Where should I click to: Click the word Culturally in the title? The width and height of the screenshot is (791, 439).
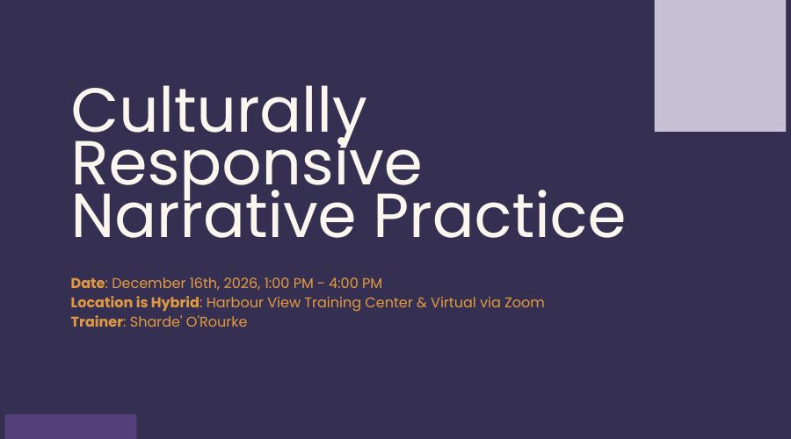pyautogui.click(x=220, y=112)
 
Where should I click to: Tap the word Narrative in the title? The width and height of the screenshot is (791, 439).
pyautogui.click(x=214, y=215)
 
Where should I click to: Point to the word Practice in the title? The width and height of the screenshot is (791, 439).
pyautogui.click(x=499, y=215)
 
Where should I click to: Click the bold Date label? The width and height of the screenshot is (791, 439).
pyautogui.click(x=88, y=284)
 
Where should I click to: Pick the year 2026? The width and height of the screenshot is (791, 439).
pyautogui.click(x=243, y=284)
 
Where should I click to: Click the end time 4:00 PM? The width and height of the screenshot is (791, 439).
pyautogui.click(x=355, y=284)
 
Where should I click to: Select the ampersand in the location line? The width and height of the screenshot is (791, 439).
pyautogui.click(x=422, y=303)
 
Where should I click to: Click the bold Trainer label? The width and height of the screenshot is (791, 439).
pyautogui.click(x=97, y=321)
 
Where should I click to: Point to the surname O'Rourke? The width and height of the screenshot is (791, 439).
pyautogui.click(x=217, y=321)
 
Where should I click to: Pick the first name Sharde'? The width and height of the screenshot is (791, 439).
pyautogui.click(x=156, y=321)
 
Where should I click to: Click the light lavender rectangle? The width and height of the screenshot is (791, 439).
pyautogui.click(x=720, y=66)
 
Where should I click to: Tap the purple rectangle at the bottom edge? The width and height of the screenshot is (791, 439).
pyautogui.click(x=70, y=427)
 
